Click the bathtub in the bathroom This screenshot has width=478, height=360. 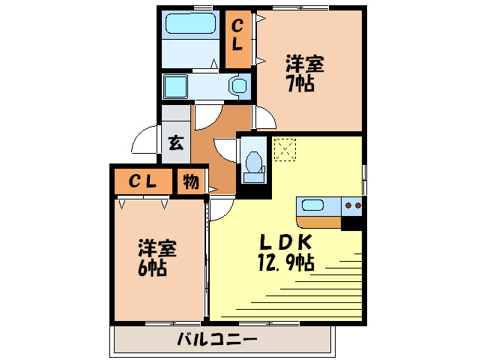190,24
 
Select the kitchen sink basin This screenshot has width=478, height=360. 310,204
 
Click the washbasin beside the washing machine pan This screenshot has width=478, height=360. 238,85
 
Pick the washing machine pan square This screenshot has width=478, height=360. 176,85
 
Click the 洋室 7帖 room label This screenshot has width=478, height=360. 303,73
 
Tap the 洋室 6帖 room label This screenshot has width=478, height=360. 157,257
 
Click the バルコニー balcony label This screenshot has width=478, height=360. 217,339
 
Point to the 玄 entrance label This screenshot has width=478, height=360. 175,142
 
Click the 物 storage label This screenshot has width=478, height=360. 190,181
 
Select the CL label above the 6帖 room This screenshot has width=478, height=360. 142,181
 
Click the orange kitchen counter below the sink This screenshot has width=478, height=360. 318,221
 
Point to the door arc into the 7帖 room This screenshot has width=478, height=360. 264,118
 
